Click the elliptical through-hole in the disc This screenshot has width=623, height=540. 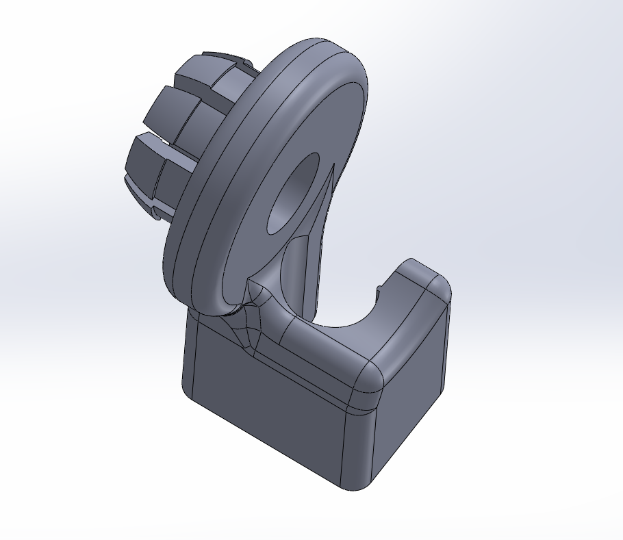point(293,195)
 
